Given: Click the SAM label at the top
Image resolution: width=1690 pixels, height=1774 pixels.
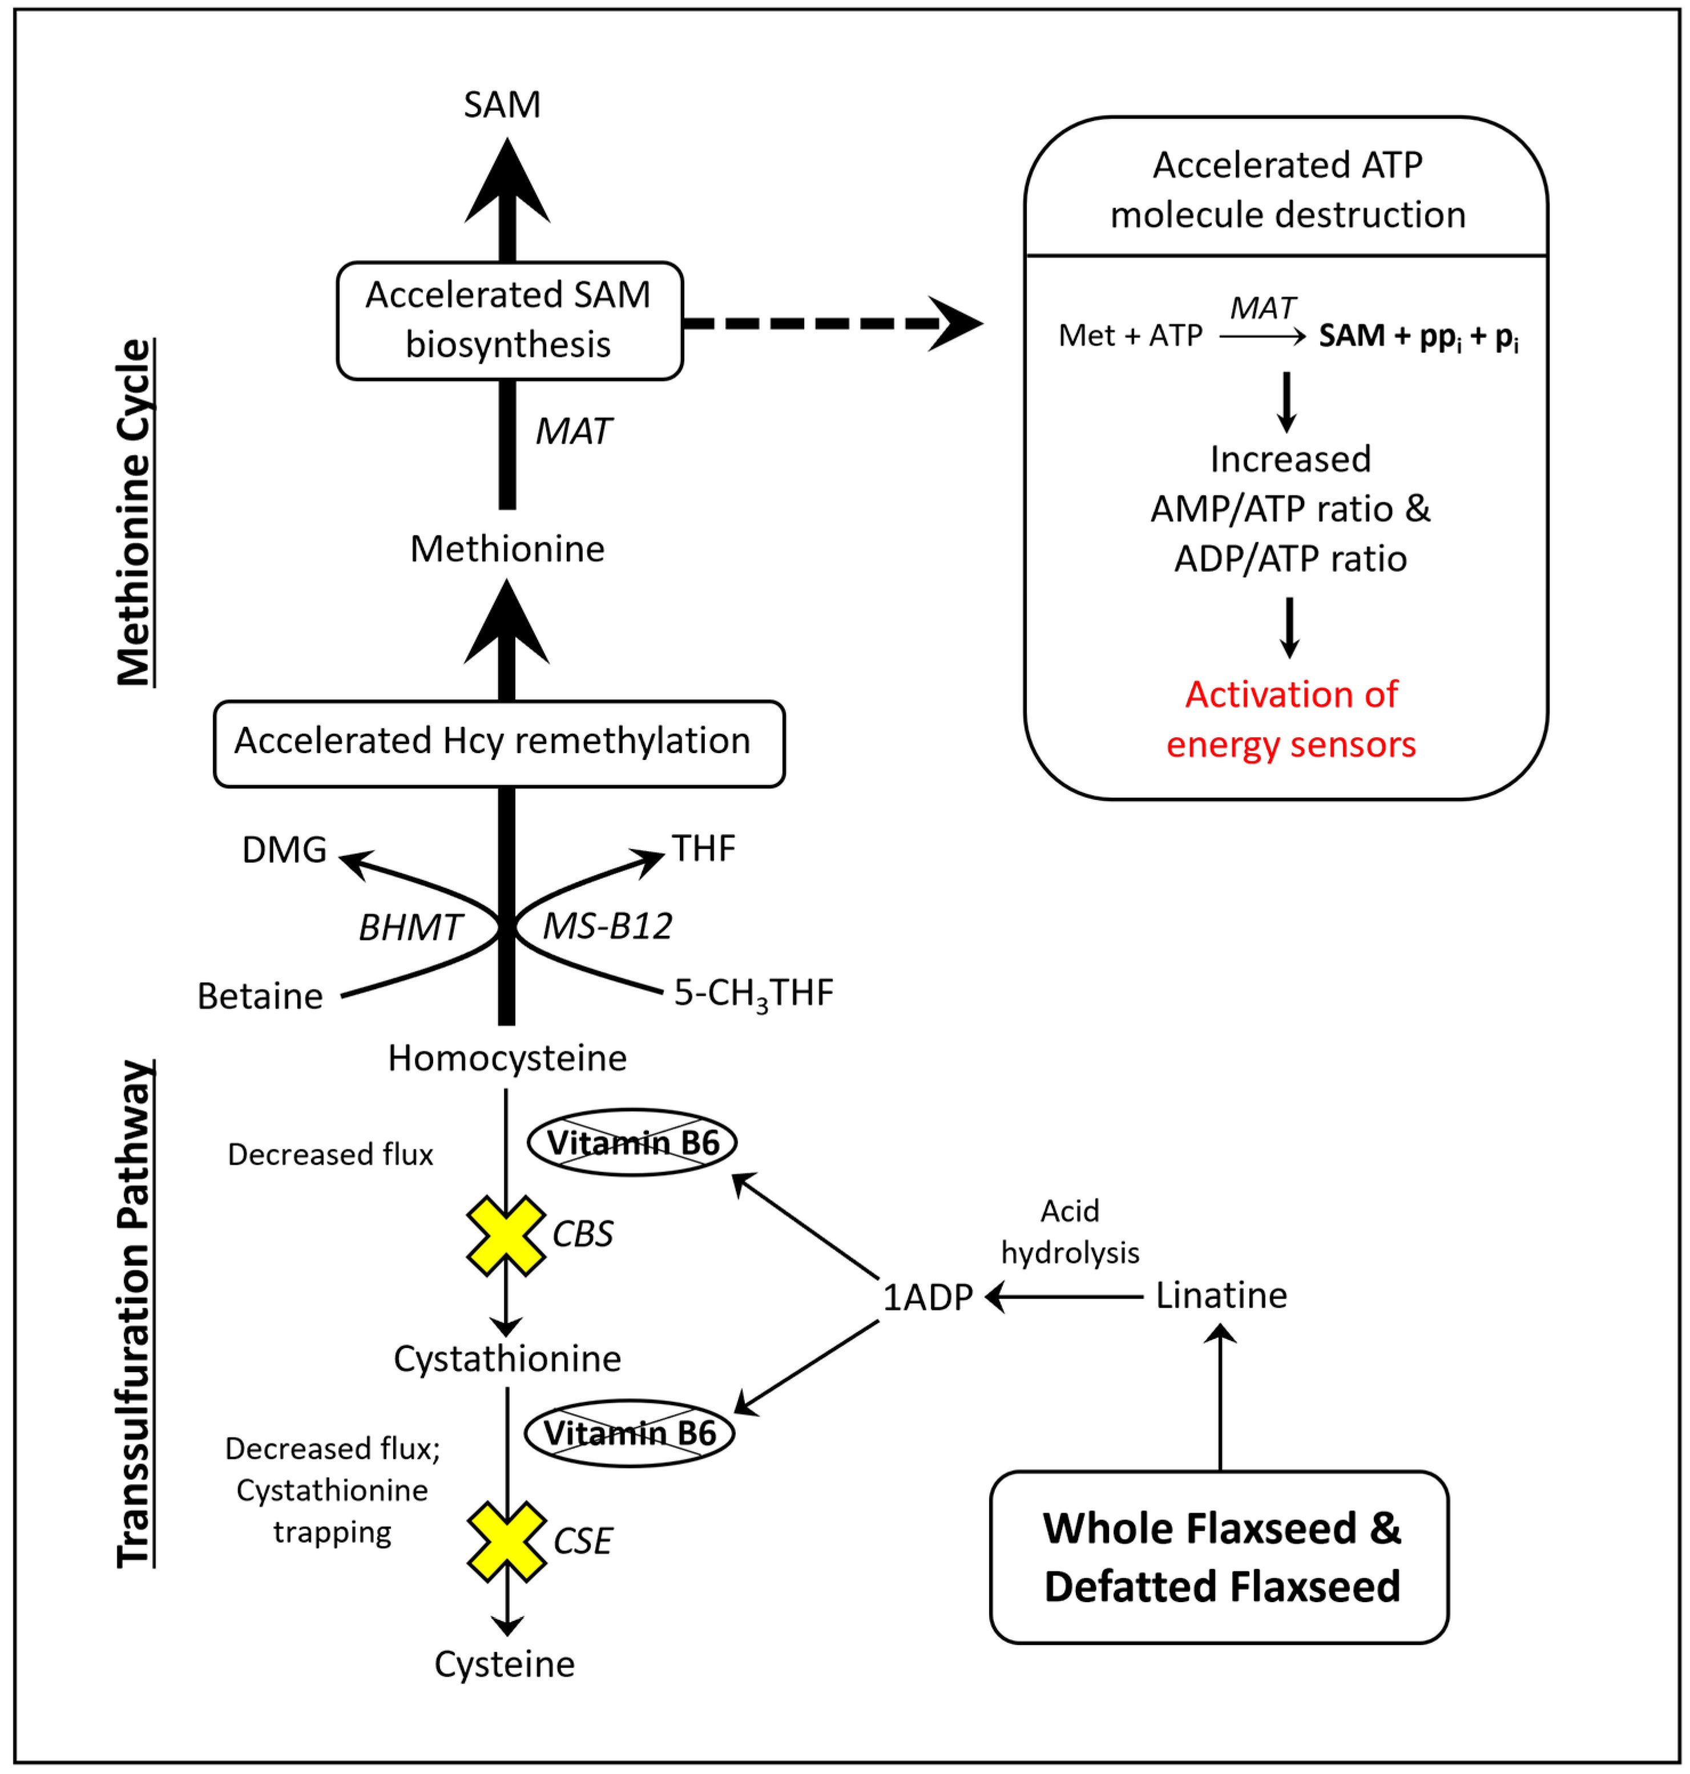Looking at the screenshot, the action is [x=502, y=104].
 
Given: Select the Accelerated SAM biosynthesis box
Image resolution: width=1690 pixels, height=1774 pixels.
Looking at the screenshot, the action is [x=510, y=321].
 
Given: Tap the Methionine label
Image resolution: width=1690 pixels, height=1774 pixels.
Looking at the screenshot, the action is [x=507, y=549].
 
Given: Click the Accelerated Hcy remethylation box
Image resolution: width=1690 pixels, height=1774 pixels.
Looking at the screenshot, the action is [x=499, y=744].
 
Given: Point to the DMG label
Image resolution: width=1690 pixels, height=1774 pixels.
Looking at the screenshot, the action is [x=284, y=850].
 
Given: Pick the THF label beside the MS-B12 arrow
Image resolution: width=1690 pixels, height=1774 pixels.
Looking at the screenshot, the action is [x=704, y=848].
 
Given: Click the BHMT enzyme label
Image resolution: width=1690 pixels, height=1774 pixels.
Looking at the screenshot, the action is [x=410, y=927].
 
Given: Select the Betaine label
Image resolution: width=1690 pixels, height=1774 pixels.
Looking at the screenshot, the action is [x=260, y=996].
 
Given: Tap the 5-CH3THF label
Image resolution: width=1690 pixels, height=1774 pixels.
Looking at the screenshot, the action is [x=754, y=993].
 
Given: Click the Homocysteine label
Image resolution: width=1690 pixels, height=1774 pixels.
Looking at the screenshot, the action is [x=507, y=1058].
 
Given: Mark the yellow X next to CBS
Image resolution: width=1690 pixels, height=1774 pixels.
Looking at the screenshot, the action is [x=505, y=1235].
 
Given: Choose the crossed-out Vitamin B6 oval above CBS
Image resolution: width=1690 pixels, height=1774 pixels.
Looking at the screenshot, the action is [x=632, y=1143].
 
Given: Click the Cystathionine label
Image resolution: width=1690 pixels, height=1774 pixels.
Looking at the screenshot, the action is [x=507, y=1359].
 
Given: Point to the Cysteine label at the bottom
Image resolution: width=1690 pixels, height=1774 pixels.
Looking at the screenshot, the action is [x=505, y=1664].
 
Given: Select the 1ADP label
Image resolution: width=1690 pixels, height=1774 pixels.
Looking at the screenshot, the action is [x=928, y=1297].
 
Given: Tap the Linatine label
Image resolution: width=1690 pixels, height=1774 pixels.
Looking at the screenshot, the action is [x=1221, y=1296].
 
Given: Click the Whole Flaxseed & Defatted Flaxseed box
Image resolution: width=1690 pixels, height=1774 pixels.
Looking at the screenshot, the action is [x=1220, y=1557].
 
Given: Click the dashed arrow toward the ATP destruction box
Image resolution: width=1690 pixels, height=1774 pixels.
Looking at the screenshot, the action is [x=833, y=323].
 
